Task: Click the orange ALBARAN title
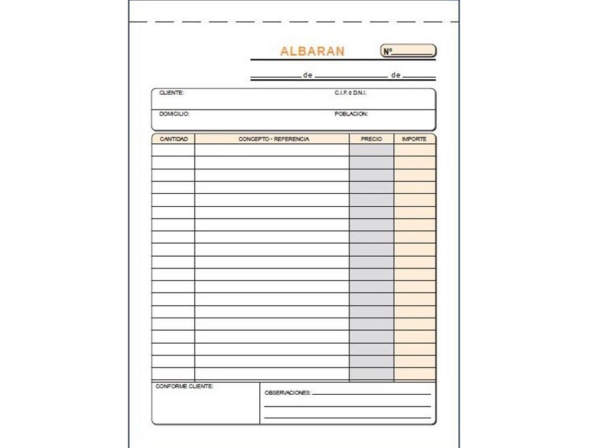tap(312, 51)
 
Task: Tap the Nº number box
tap(408, 51)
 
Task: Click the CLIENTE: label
tap(172, 93)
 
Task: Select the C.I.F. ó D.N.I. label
tap(351, 93)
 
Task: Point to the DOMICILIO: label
tap(174, 113)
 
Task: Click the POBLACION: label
tap(351, 113)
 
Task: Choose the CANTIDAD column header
tap(173, 139)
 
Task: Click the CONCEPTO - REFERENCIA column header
tap(274, 139)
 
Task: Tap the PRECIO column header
tap(371, 139)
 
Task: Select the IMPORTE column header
tap(414, 139)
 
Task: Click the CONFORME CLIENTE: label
tap(185, 386)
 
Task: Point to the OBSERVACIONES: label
tap(288, 393)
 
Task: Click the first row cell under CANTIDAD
tap(173, 150)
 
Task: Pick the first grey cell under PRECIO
tap(371, 150)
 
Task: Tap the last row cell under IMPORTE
tap(414, 374)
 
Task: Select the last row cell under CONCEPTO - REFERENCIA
tap(272, 374)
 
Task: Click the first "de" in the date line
tap(308, 76)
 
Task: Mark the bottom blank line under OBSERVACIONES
tap(347, 418)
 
